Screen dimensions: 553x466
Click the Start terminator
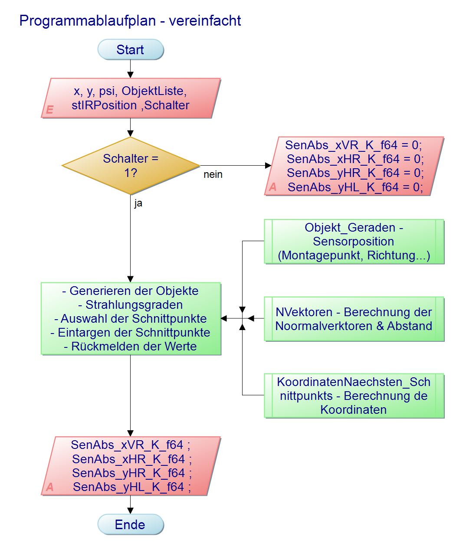[x=131, y=49]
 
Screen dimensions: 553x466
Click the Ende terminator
[x=131, y=524]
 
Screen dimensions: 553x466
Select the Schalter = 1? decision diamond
[x=131, y=166]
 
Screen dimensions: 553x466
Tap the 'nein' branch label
[x=213, y=174]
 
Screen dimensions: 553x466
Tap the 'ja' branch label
[x=138, y=203]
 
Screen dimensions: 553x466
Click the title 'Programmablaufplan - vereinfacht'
[x=130, y=20]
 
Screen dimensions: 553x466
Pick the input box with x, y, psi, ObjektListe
[x=131, y=98]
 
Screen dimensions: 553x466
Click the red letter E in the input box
[x=49, y=110]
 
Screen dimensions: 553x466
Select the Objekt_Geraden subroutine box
[x=354, y=242]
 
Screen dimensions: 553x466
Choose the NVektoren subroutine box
[x=354, y=319]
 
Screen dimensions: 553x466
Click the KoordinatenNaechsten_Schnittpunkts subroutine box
[x=354, y=396]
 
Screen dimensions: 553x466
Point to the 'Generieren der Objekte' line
[x=131, y=291]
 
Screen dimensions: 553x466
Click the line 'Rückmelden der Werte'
[x=131, y=346]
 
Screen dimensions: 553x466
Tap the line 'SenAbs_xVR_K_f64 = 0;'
[x=353, y=145]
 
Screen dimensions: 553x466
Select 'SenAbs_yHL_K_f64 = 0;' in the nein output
[x=355, y=187]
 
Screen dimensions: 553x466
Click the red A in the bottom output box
[x=50, y=487]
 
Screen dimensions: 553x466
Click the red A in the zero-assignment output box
[x=272, y=187]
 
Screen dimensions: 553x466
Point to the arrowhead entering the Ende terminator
[x=131, y=511]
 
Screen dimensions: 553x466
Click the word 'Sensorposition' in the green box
[x=354, y=242]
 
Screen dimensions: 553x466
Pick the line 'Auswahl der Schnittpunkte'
[x=131, y=318]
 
